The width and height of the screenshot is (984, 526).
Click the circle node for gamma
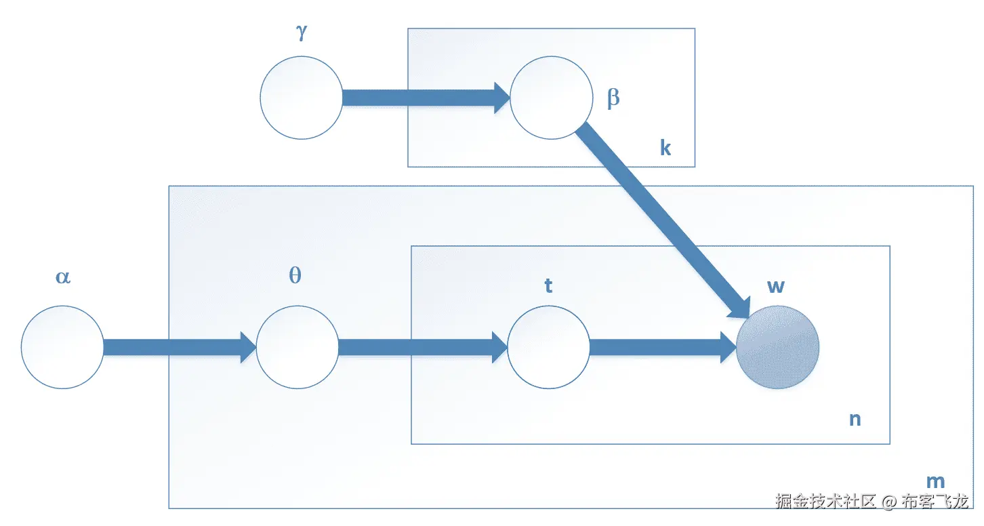pos(302,98)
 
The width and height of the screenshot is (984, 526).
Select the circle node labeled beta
pos(551,98)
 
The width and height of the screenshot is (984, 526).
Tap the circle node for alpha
pos(62,347)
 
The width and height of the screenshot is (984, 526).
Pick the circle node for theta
pos(297,347)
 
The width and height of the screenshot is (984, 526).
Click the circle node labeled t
pos(548,347)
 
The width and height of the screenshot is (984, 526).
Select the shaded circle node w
pos(778,347)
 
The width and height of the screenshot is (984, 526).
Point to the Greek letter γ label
pos(302,33)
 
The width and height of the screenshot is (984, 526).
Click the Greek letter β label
pos(613,99)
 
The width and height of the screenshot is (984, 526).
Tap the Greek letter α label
pos(62,277)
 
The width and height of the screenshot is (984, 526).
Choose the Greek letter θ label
pos(295,276)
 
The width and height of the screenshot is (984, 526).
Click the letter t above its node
pos(548,286)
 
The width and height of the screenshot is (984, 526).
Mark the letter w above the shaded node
pos(776,286)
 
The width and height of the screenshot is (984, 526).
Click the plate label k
pos(665,148)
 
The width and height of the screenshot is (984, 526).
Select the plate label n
pos(855,420)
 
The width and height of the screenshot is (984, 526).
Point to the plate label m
pos(935,482)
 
